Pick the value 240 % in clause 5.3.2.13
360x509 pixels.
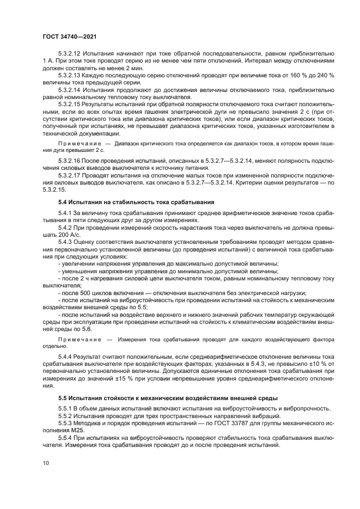[x=339, y=75]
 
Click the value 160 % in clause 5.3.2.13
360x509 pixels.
[x=305, y=75]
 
